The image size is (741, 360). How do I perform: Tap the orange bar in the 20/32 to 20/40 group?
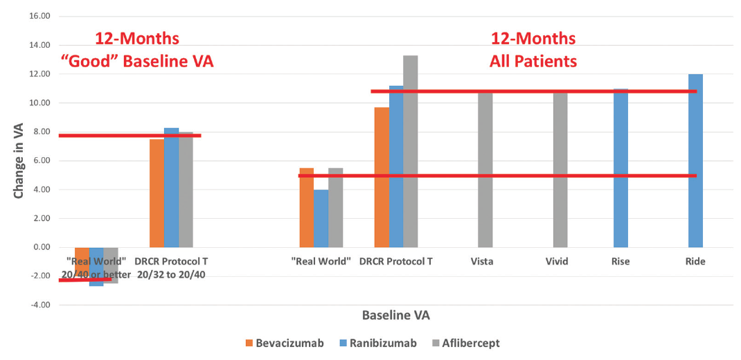point(157,193)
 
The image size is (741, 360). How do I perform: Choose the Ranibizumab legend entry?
point(377,343)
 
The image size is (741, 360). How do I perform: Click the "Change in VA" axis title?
point(19,161)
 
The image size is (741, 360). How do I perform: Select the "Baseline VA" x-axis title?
point(395,315)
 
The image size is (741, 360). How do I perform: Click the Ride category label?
point(695,262)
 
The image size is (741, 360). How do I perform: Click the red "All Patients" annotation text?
point(533,61)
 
